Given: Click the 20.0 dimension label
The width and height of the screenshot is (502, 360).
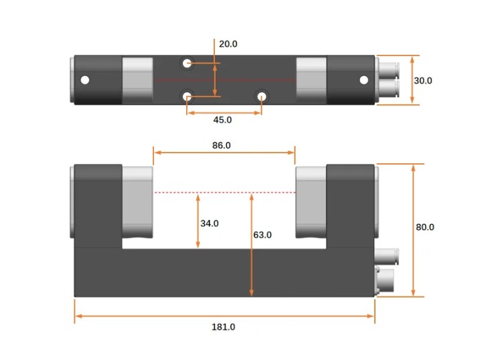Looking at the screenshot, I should [228, 44].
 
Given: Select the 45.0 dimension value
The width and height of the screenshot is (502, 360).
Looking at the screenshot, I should [222, 120].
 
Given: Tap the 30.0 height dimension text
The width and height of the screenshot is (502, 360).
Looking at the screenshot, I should [422, 80].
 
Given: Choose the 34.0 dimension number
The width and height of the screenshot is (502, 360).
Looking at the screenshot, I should [210, 223].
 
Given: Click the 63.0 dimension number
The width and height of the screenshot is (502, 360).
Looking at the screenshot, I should [262, 235].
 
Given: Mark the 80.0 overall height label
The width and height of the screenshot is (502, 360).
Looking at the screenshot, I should [425, 228].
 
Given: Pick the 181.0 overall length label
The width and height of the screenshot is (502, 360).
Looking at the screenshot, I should [224, 327].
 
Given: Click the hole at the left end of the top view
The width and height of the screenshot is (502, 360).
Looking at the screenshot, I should [84, 80].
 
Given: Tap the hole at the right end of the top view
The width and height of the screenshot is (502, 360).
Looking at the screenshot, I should [363, 80].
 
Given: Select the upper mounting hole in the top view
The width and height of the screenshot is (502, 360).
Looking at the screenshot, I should [187, 64].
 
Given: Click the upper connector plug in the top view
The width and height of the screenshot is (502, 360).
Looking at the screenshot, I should [388, 70].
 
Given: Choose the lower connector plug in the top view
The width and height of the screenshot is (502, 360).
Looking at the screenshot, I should [388, 89].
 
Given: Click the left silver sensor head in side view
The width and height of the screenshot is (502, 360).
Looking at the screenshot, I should [137, 201].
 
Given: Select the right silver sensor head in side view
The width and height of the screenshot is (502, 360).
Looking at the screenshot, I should [311, 201].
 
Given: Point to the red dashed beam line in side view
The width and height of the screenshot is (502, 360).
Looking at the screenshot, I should [224, 193].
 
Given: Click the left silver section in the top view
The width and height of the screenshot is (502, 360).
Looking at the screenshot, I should [137, 80].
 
